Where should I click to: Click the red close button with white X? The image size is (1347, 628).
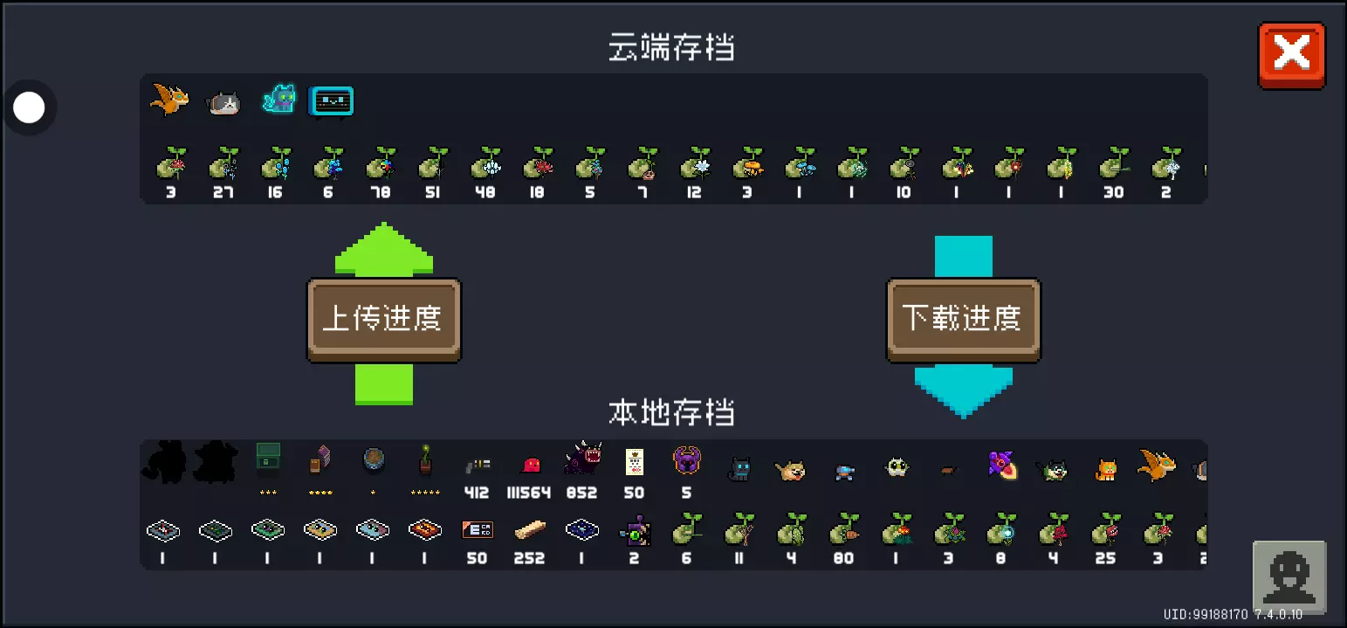tap(1291, 55)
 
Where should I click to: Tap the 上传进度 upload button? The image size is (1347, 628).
tap(383, 320)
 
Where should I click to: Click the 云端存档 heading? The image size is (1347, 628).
tap(671, 48)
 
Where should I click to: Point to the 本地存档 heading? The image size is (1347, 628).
tap(671, 412)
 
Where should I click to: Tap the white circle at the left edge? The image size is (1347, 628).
tap(30, 108)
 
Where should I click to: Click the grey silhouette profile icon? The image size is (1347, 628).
tap(1289, 577)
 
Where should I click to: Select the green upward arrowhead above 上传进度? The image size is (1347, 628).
tap(384, 248)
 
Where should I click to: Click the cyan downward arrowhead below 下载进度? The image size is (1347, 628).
tap(964, 391)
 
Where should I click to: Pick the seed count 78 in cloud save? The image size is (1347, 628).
tap(380, 192)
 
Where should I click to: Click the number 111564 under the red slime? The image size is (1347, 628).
tap(529, 493)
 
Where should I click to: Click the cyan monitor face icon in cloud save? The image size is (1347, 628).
tap(332, 101)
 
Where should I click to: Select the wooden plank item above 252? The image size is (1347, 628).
tap(530, 529)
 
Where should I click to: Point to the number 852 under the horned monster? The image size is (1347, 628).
tap(581, 493)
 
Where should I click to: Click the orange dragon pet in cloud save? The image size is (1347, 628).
tap(168, 100)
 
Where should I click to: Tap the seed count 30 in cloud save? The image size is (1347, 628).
tap(1113, 192)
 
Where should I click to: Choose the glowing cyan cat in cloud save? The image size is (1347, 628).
tap(279, 100)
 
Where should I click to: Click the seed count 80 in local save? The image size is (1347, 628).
tap(843, 558)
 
